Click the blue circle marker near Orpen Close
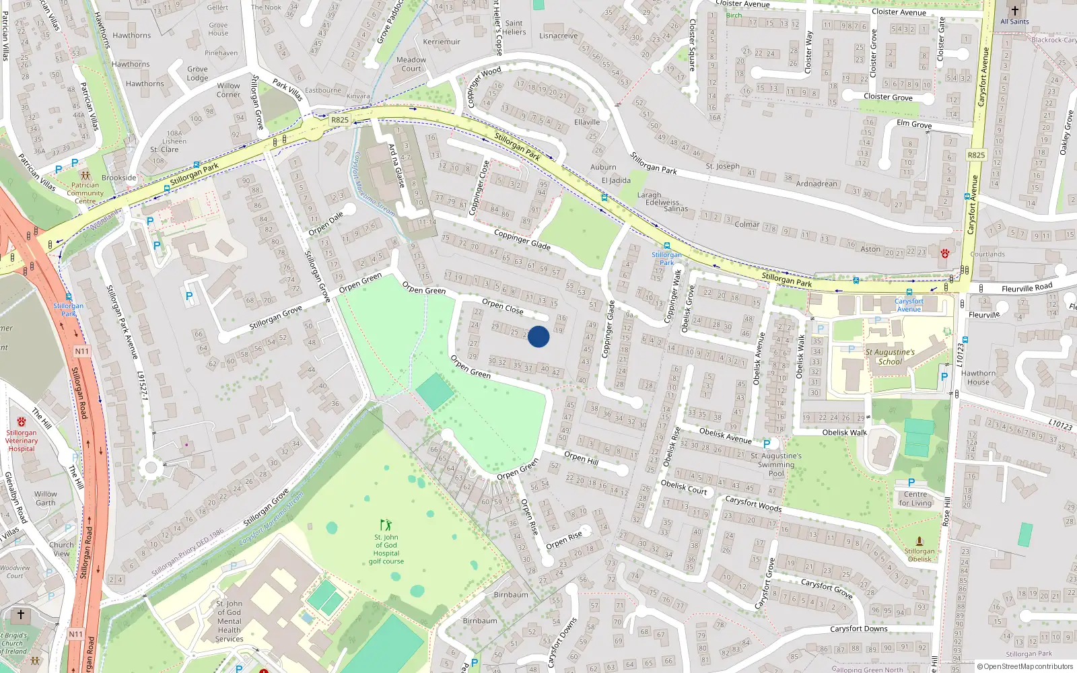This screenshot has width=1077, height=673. (x=538, y=336)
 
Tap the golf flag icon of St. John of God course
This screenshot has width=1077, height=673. (x=386, y=525)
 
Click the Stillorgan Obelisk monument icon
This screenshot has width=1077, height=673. (x=919, y=541)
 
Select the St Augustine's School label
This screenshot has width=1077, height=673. (x=890, y=357)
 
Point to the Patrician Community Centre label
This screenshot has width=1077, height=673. (x=85, y=193)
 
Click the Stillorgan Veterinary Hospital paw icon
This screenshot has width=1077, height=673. (x=22, y=421)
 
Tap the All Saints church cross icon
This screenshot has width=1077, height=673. (x=1014, y=11)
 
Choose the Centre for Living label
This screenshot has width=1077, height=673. (x=915, y=499)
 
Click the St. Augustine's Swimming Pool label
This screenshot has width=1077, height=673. (x=776, y=464)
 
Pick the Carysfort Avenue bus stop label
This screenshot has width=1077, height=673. (x=909, y=305)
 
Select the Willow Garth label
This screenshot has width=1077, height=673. (x=46, y=498)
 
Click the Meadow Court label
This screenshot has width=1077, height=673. (x=411, y=64)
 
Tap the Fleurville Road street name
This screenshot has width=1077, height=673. (x=1027, y=288)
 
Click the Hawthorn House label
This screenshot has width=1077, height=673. (x=978, y=378)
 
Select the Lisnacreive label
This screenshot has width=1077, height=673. (x=558, y=36)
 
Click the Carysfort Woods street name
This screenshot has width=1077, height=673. (x=753, y=503)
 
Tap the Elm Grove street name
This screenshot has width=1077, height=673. (x=914, y=124)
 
